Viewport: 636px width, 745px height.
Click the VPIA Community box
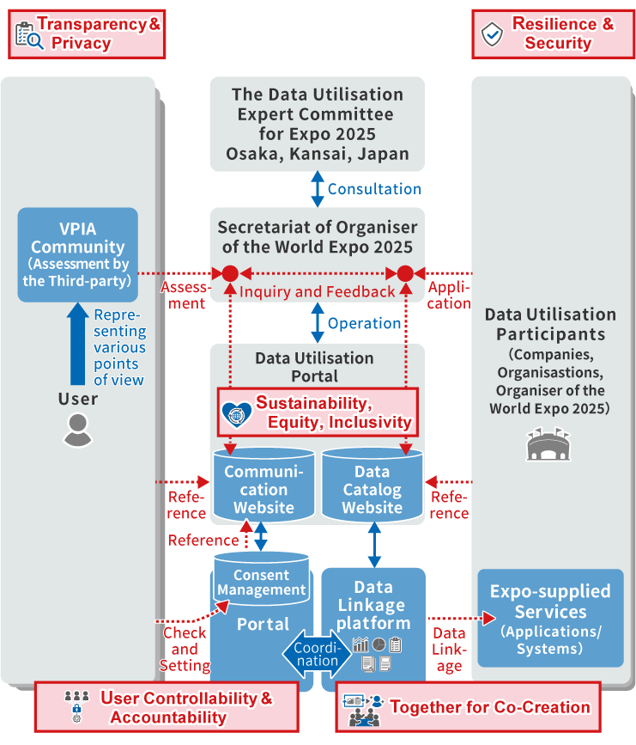click(78, 254)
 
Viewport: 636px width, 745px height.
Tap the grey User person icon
click(77, 430)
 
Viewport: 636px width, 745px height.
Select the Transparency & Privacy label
click(87, 34)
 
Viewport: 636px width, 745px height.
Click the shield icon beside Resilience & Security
click(492, 34)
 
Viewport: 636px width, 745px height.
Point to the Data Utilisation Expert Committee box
click(317, 124)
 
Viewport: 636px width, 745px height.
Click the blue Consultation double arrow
click(317, 188)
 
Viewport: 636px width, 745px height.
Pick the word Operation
click(364, 323)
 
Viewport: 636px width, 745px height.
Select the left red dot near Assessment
click(229, 274)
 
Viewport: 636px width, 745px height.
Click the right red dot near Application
click(405, 274)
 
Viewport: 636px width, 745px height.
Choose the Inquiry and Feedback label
click(318, 292)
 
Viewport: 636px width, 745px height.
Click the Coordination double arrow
click(317, 653)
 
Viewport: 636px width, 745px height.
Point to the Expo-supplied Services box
click(550, 618)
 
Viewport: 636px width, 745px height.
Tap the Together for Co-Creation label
click(468, 708)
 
